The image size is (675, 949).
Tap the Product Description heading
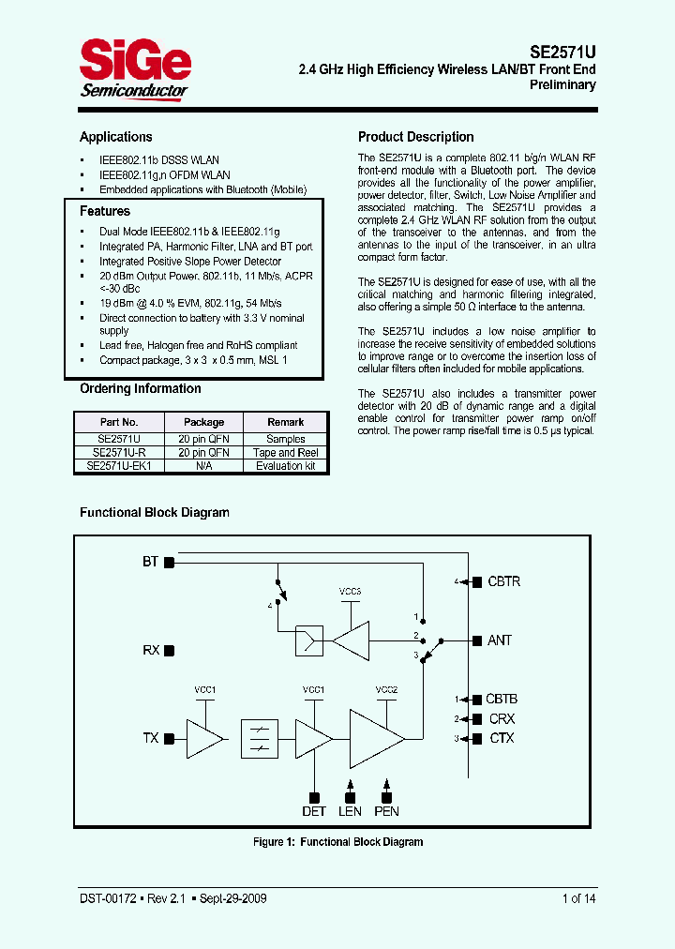[x=415, y=137]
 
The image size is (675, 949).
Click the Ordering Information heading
[x=140, y=389]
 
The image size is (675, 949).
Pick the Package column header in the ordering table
[x=203, y=422]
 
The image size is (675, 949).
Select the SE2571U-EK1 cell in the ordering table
[x=118, y=465]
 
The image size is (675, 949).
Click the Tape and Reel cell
[x=286, y=452]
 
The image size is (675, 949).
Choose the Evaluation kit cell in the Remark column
[x=286, y=465]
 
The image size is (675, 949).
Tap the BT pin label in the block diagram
[x=150, y=562]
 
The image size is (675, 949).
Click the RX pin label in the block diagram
[x=151, y=650]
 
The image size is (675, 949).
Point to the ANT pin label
[x=500, y=640]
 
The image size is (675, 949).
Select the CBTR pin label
[x=503, y=581]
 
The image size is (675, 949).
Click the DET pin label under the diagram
[x=313, y=811]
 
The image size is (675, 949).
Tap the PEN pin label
[x=386, y=811]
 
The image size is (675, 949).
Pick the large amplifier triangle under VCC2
[x=374, y=737]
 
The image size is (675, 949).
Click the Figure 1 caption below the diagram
[x=337, y=842]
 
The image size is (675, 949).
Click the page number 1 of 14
[x=578, y=898]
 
